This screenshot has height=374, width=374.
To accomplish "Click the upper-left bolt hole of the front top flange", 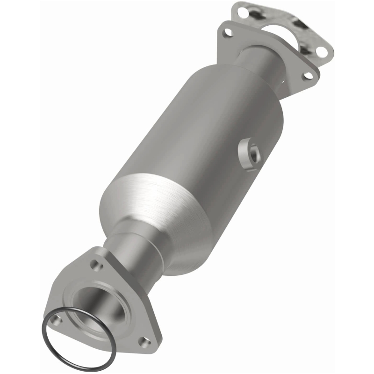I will click(228, 32).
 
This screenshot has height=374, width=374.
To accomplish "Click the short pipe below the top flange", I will click(259, 63).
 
